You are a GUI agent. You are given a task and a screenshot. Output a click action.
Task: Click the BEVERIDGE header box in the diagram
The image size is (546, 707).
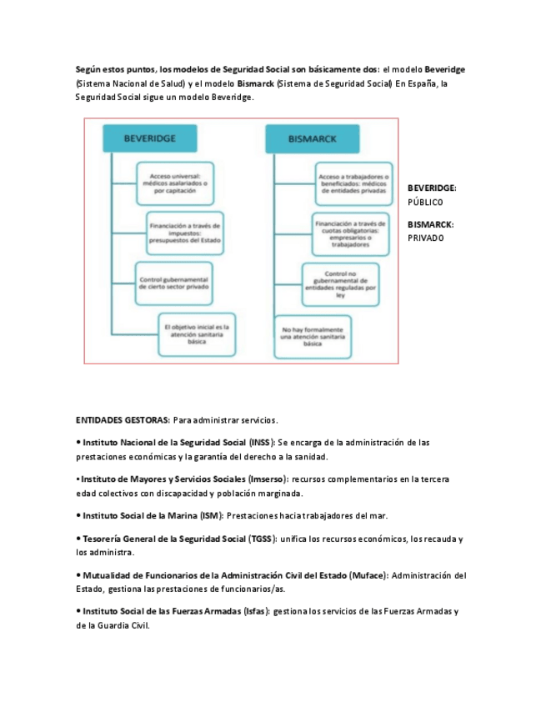point(149,138)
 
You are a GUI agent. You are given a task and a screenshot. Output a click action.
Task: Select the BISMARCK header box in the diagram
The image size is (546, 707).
point(313,138)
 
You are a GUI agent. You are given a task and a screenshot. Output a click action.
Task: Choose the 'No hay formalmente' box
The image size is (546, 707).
point(313,336)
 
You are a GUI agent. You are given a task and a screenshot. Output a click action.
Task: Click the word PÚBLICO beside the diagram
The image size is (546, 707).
point(425,203)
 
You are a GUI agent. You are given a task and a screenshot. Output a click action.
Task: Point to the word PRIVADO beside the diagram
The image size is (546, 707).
point(426,238)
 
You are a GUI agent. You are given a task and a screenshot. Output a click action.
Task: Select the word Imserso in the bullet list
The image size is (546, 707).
point(266,479)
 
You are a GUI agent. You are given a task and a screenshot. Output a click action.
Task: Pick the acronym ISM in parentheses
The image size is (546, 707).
point(210,515)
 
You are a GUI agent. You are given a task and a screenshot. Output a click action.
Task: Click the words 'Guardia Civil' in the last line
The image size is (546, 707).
point(124,624)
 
